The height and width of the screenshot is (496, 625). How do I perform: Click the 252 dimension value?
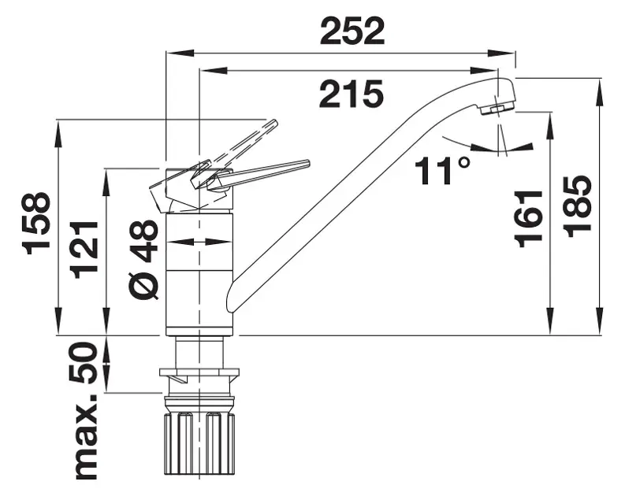click(x=352, y=31)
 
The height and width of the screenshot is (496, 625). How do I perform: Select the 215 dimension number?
click(x=352, y=94)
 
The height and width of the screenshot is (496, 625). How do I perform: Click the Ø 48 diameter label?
click(x=144, y=259)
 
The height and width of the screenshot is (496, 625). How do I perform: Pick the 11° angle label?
click(x=442, y=170)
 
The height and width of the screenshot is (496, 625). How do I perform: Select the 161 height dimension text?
click(x=529, y=219)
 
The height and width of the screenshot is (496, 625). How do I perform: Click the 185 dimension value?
click(x=578, y=206)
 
